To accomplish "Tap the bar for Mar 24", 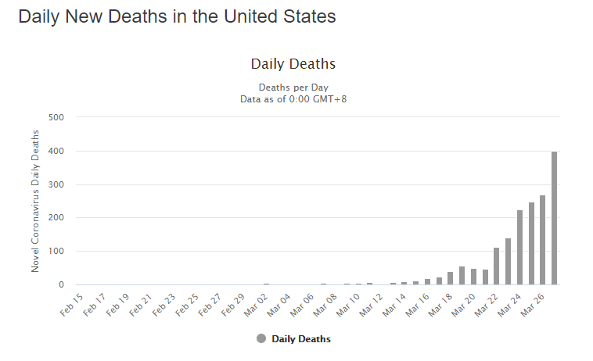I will pos(520,247).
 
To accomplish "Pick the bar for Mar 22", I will pos(497,266).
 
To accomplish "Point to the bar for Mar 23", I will pos(509,261).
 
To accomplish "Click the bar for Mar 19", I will pos(462,276).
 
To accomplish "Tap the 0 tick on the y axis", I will pos(60,285).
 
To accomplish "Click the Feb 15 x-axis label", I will pos(72,303).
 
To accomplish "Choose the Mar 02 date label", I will pos(257,303).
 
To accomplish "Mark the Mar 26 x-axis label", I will pos(534,303).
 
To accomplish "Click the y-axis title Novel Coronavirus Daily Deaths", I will pos(36,202).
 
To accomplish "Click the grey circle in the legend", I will pos(261,338).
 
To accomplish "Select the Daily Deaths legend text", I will pos(301,339).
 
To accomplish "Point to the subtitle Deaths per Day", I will pos(293,88).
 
